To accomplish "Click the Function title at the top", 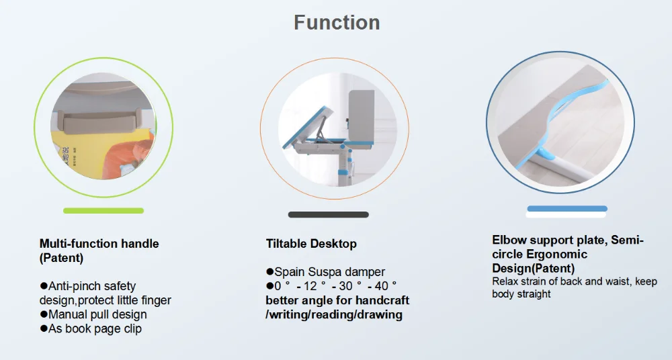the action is (x=337, y=22).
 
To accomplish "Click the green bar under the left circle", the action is (x=103, y=210).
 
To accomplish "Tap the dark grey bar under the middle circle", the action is (x=329, y=215).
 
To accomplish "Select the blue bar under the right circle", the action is (x=567, y=209).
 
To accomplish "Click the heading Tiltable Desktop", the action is (x=311, y=243).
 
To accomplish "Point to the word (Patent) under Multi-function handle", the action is (x=61, y=258).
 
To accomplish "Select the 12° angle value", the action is (x=315, y=286).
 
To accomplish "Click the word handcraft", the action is (x=382, y=300).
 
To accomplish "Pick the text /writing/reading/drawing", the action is (x=334, y=314).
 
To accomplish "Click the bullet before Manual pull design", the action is (x=43, y=314).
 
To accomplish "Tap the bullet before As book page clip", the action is (x=43, y=328).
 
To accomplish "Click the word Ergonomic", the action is (x=556, y=254).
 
